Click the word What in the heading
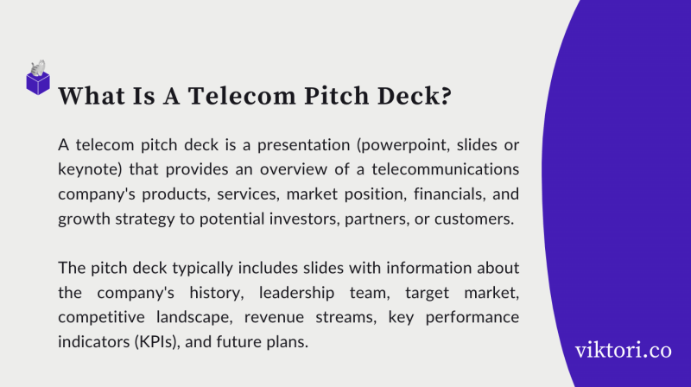tap(91, 96)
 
